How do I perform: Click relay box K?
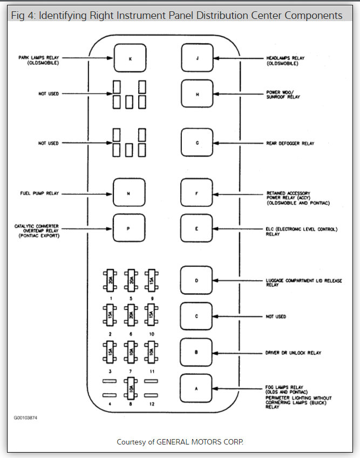coord(130,58)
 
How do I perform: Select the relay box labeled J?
coord(197,58)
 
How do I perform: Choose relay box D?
coord(197,280)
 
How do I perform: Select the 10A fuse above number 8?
coord(130,388)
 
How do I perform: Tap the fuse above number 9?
coord(152,280)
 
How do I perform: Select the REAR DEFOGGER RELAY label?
coord(290,144)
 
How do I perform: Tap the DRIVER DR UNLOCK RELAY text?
coord(294,353)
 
